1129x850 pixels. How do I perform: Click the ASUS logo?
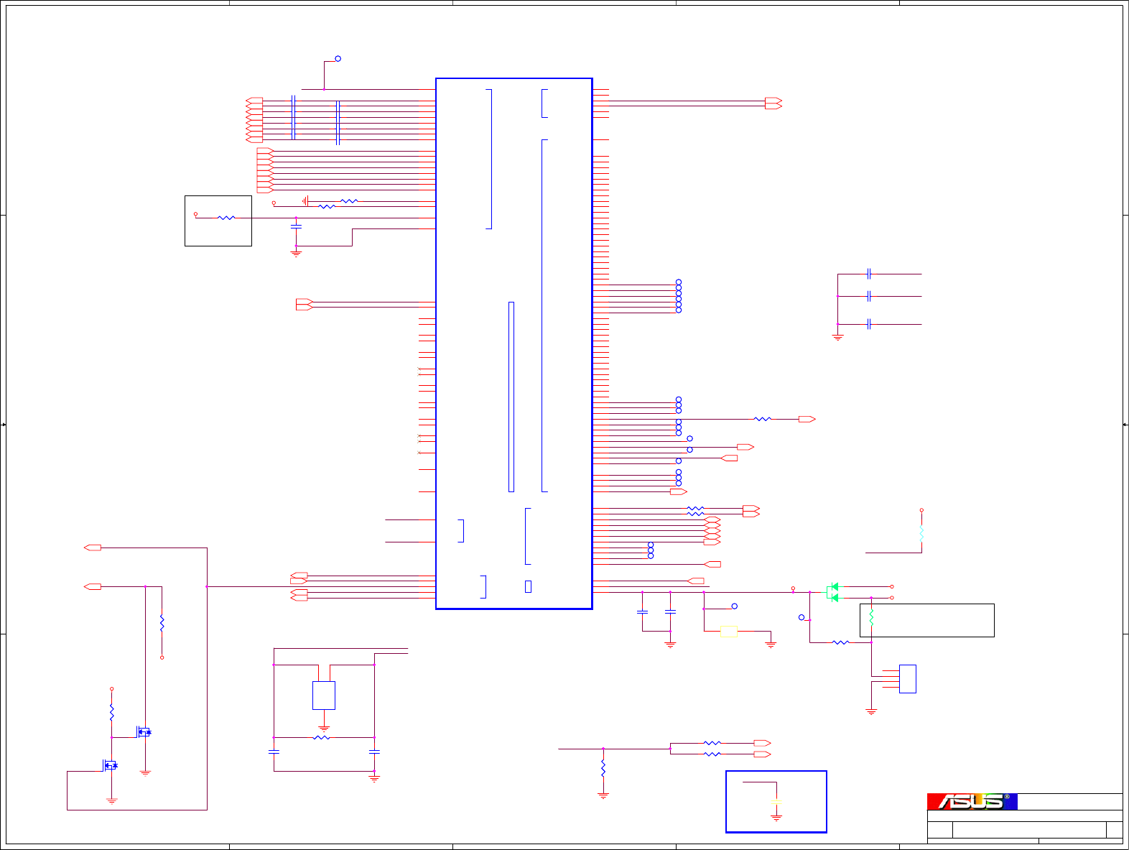point(972,801)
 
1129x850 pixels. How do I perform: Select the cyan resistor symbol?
point(921,533)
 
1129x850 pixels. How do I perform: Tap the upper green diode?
point(834,586)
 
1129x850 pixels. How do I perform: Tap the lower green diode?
point(832,597)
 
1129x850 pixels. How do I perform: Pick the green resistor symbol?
point(871,617)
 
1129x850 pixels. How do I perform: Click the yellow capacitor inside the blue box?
point(776,801)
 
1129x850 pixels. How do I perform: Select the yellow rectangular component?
point(728,632)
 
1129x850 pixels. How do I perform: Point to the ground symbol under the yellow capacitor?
point(776,818)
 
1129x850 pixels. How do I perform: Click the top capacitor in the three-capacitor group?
point(869,274)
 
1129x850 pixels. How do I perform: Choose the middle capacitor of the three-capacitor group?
point(869,296)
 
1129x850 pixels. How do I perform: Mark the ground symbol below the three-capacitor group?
point(837,336)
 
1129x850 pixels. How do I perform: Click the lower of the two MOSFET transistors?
point(110,765)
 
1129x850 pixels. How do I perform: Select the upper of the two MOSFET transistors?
point(144,732)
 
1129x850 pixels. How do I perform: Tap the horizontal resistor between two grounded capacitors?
point(322,737)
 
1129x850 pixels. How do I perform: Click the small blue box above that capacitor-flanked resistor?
point(324,695)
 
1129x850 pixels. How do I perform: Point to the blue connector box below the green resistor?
point(907,679)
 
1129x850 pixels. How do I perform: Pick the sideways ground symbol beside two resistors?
point(305,201)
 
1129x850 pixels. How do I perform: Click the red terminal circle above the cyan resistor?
point(921,510)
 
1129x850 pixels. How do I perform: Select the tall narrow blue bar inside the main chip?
point(511,397)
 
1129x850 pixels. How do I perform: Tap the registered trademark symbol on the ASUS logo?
point(1007,797)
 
